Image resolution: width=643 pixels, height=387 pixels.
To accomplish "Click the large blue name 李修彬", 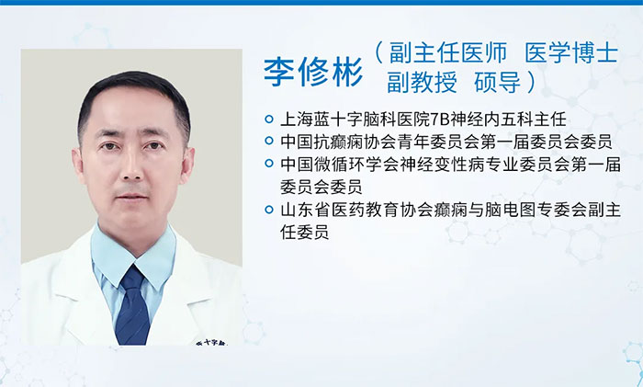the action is coord(313,72).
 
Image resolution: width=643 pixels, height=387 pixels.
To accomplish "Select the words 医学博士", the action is coord(571,53).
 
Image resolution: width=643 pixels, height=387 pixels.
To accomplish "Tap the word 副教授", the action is coord(422,82).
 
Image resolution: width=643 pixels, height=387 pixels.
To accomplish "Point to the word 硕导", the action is coord(498,82).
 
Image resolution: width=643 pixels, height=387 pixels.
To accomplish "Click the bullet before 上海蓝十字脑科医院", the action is coord(269,120).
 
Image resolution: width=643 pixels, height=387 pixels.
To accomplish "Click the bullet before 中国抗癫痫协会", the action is coord(269,141).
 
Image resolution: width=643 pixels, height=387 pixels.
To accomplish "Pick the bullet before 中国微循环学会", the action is coord(269,164).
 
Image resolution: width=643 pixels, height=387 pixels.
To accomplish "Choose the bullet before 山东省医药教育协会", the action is coord(269,210).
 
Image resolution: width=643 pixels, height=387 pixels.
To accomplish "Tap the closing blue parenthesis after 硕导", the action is coord(532,82).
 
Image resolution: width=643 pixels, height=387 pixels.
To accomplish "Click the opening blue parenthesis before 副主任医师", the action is coord(378,53).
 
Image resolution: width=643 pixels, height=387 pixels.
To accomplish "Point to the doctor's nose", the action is coord(132,167).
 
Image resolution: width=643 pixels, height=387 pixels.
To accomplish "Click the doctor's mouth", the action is coord(132,196).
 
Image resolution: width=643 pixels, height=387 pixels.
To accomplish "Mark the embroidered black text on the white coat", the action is coord(211,342).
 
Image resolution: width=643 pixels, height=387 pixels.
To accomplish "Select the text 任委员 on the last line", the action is coord(305,232).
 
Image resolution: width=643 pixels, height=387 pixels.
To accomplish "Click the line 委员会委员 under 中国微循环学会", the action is coord(321,187).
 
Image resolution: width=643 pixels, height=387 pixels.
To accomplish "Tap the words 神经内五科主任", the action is coord(509,120).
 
